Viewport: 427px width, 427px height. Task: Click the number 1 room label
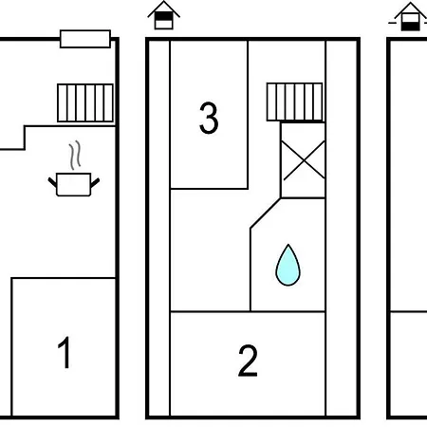(65, 352)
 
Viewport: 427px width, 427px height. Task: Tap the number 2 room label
(248, 361)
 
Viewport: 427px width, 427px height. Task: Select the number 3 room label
(209, 118)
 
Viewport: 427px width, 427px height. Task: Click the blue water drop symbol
(288, 265)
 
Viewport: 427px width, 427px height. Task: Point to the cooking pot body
(74, 184)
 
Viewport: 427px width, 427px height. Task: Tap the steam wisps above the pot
(75, 155)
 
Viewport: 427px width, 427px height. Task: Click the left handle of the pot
(52, 182)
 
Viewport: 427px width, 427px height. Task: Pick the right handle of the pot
(95, 182)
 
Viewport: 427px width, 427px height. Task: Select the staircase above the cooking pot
(85, 102)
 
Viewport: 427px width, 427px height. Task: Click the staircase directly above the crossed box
(295, 102)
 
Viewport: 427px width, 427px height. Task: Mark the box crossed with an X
(303, 160)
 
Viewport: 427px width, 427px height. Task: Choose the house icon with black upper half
(164, 15)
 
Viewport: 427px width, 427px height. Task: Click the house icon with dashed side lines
(410, 16)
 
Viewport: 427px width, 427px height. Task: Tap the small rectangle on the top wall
(85, 39)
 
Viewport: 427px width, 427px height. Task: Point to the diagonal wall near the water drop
(266, 213)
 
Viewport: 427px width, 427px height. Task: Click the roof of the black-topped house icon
(164, 9)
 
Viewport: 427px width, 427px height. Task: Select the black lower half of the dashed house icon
(411, 27)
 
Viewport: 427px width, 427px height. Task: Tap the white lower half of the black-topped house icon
(164, 25)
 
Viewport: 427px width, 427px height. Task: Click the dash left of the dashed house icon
(393, 23)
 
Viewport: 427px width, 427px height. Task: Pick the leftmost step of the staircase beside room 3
(271, 102)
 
